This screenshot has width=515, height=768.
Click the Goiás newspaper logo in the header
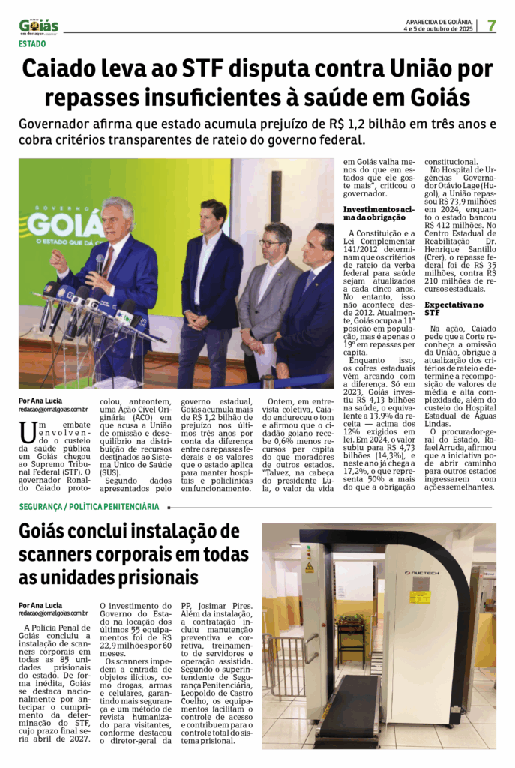pos(39,26)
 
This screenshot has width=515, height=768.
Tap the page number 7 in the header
pos(491,25)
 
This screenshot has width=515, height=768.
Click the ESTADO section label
pos(32,44)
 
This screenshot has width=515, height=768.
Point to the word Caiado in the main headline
pos(63,69)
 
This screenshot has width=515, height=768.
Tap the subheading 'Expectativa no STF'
pos(454,307)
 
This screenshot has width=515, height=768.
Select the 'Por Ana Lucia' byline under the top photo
pos(38,400)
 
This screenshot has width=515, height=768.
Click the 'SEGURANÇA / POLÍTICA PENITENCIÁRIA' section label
pos(89,507)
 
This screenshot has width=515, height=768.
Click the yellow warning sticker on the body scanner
pos(420,597)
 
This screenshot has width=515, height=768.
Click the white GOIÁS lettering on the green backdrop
pos(66,224)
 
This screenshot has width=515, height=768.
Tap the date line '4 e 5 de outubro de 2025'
pos(438,30)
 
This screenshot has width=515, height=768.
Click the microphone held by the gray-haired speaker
pos(100,263)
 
